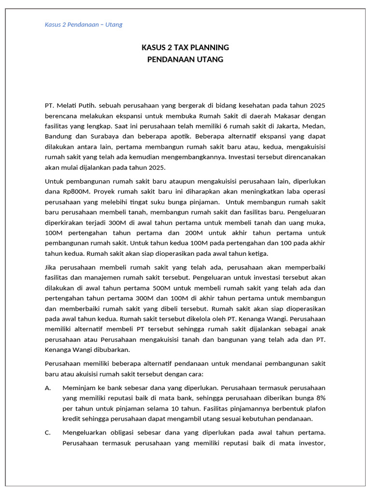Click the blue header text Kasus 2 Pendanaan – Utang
pos(84,25)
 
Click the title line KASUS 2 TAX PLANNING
pos(185,47)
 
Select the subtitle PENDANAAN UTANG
pos(185,59)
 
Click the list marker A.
pos(48,388)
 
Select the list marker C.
pos(48,433)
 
